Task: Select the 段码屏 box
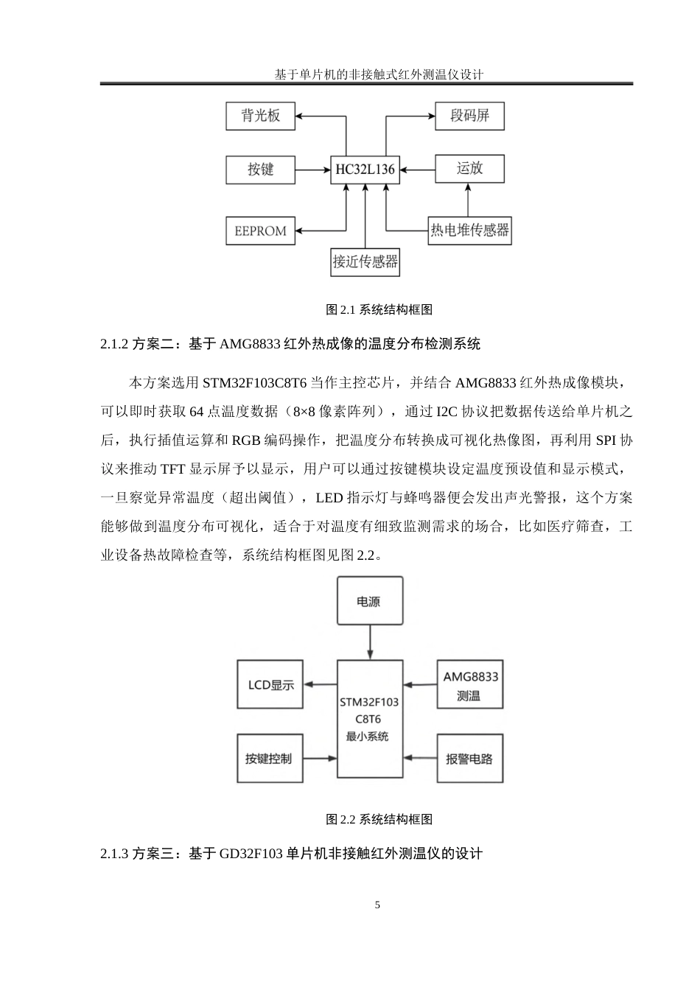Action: (469, 116)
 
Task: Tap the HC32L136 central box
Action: (365, 170)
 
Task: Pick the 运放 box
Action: (469, 169)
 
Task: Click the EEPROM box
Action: (260, 231)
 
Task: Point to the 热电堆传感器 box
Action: (469, 230)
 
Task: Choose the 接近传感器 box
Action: (365, 261)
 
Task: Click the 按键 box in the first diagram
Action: (260, 169)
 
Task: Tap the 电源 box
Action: (368, 601)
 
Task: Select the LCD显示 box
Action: (270, 685)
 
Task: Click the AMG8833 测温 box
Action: (470, 685)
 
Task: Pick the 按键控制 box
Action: (270, 759)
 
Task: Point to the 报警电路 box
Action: (470, 759)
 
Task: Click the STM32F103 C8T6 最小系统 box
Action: (369, 719)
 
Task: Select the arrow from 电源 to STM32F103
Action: (369, 643)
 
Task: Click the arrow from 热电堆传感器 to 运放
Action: (466, 200)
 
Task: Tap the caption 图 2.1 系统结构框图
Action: (379, 310)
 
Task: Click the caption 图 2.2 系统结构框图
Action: (379, 819)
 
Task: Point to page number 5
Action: (378, 905)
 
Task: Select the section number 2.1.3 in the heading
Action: (114, 854)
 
